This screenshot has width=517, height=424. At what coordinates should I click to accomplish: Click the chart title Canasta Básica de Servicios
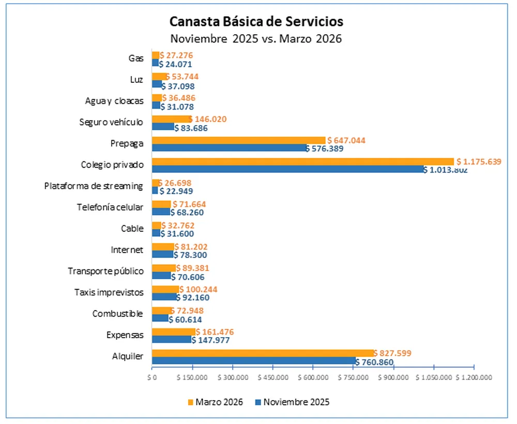click(x=256, y=22)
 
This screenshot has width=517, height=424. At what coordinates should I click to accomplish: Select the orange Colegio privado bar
click(x=302, y=161)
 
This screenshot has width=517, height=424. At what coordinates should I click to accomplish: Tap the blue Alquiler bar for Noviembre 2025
click(x=253, y=361)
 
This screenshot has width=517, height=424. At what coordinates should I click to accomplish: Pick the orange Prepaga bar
click(x=238, y=140)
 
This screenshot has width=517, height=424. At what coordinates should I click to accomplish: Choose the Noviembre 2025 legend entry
click(x=292, y=402)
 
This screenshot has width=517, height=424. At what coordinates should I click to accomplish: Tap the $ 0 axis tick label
click(x=151, y=377)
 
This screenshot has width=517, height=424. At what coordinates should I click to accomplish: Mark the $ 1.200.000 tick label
click(x=474, y=377)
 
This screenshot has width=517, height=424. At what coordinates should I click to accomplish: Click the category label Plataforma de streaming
click(x=93, y=186)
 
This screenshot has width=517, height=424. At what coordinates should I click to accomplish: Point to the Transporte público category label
click(x=105, y=271)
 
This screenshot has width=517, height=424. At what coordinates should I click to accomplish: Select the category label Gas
click(x=136, y=58)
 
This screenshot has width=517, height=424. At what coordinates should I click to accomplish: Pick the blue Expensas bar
click(x=171, y=340)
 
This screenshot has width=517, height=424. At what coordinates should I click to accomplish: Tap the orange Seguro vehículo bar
click(x=171, y=119)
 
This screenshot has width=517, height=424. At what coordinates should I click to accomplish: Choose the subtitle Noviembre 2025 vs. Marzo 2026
click(x=256, y=39)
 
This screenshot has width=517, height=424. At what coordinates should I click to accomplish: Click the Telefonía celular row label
click(x=110, y=207)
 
